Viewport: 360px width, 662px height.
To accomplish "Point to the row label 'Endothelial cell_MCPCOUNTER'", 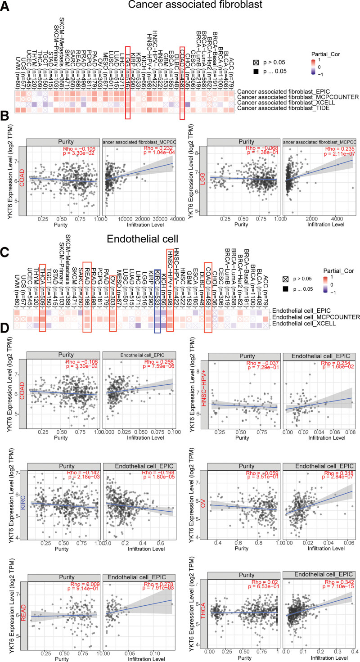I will pos(316,317).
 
